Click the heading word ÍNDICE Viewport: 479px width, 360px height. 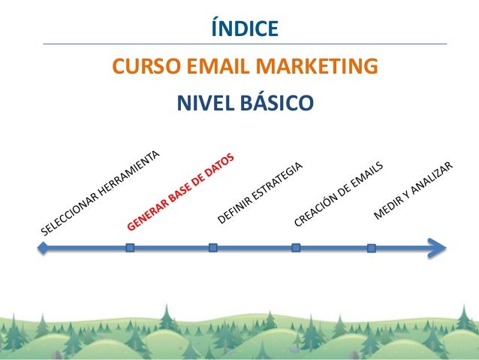[244, 29]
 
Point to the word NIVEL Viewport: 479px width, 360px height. [204, 102]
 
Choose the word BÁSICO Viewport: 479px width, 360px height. [274, 102]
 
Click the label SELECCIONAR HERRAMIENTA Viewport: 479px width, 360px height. [101, 193]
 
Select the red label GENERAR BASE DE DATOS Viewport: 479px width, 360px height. [181, 192]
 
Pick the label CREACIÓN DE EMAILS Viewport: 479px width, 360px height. [339, 193]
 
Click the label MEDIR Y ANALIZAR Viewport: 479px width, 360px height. [414, 190]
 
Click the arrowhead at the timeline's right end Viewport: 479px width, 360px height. [438, 247]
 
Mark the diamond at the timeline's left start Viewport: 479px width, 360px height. [44, 247]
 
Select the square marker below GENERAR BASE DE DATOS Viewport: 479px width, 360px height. [130, 247]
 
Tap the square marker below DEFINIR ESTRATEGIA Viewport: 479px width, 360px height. [213, 247]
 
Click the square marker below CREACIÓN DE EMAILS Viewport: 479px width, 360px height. [296, 247]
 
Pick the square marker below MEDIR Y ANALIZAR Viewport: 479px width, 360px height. [372, 247]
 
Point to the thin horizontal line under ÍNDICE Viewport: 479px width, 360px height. [245, 44]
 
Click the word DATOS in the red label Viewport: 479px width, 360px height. [218, 169]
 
